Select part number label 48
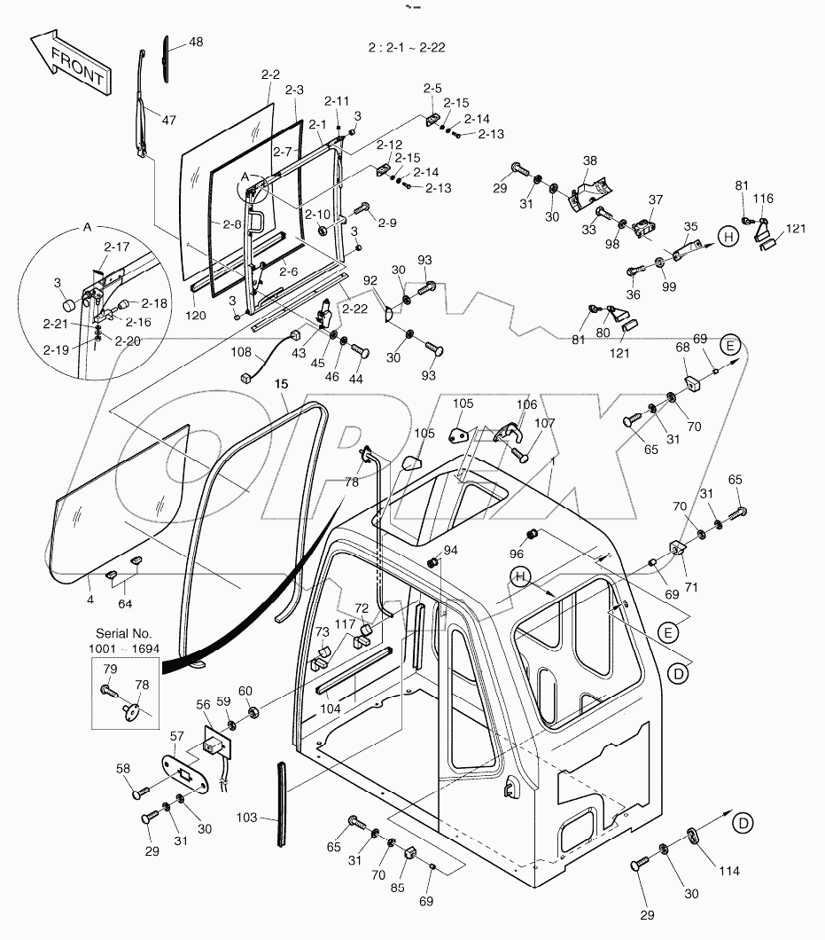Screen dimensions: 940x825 (195, 42)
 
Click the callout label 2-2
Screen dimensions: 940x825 (271, 77)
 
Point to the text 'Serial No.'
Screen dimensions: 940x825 (124, 634)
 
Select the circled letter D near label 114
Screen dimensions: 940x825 (744, 823)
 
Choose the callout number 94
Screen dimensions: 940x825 (451, 550)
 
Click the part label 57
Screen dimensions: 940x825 (177, 737)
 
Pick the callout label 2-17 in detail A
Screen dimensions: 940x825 (116, 247)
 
